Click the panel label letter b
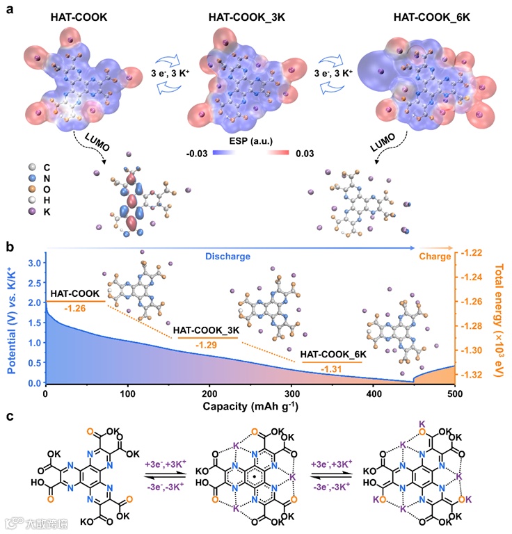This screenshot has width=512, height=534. [10, 246]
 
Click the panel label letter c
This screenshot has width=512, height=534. [9, 416]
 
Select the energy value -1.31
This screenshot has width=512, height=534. [332, 369]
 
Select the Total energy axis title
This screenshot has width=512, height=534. [500, 317]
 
